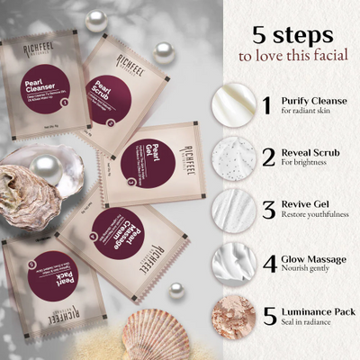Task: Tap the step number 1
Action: pyautogui.click(x=266, y=104)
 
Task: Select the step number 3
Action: pyautogui.click(x=267, y=211)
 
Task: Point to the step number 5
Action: pyautogui.click(x=267, y=317)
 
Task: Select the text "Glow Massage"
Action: pyautogui.click(x=310, y=257)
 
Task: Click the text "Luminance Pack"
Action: pyautogui.click(x=317, y=310)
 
